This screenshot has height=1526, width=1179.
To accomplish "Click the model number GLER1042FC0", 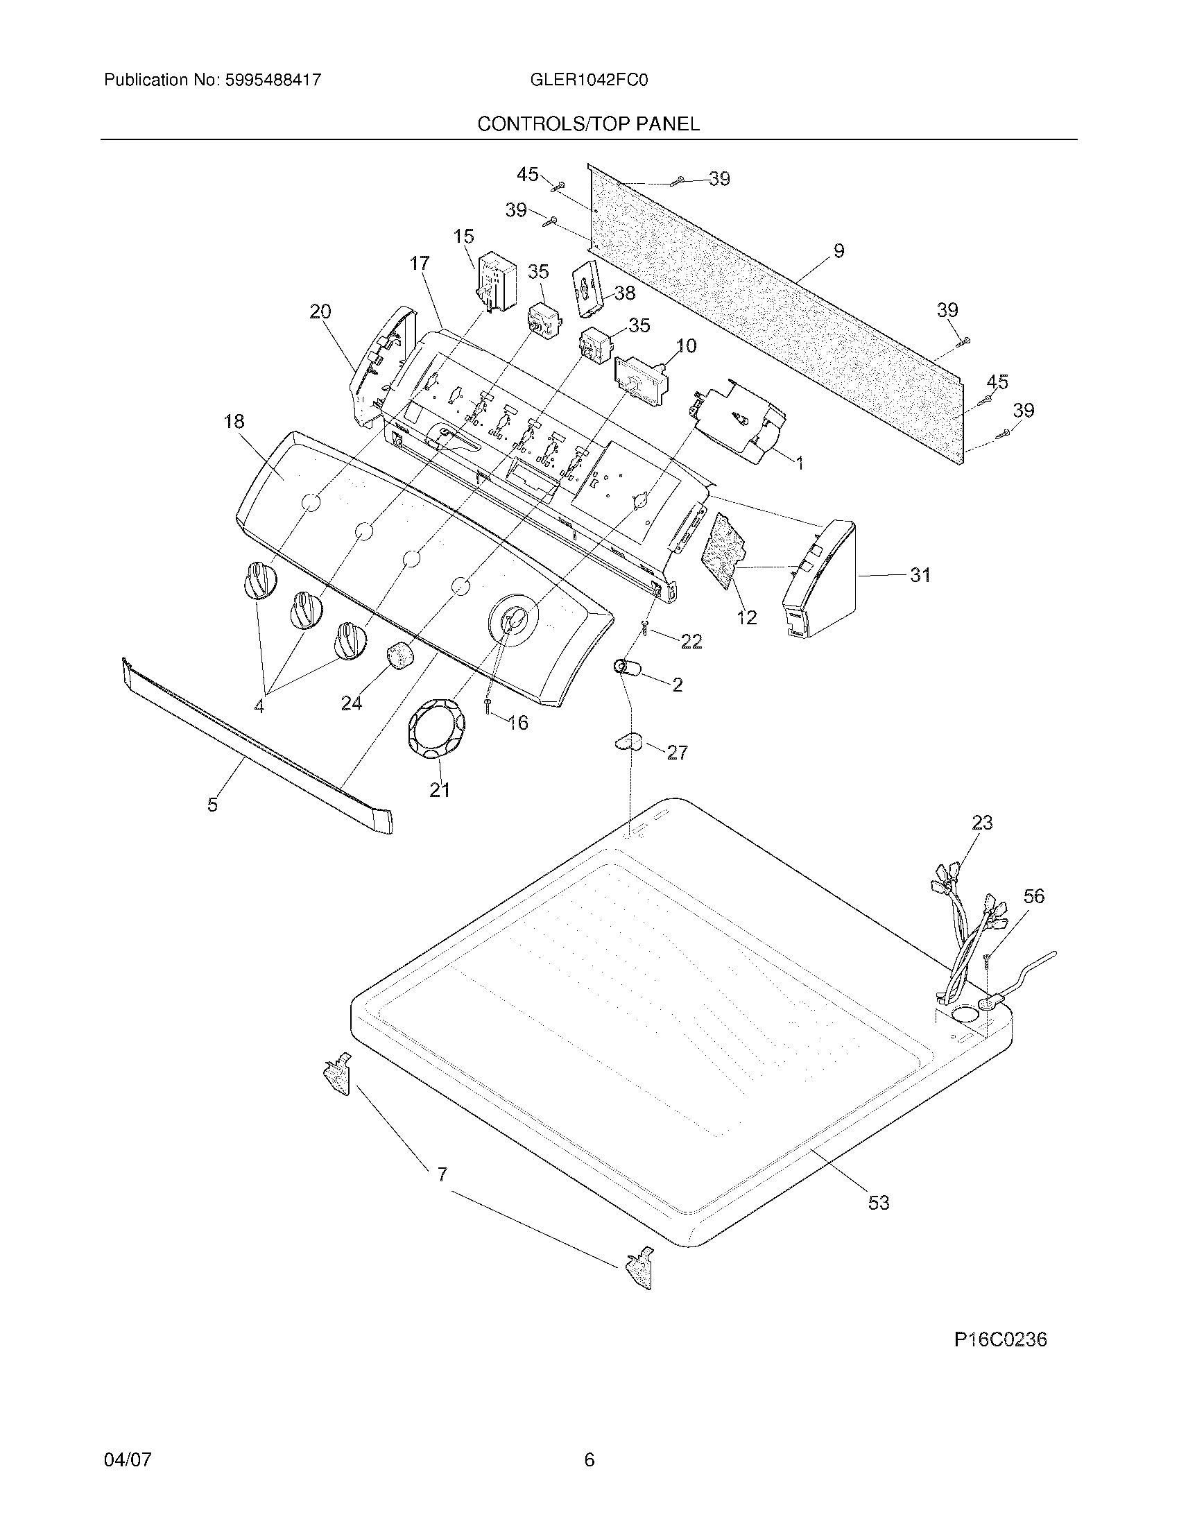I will pyautogui.click(x=589, y=80).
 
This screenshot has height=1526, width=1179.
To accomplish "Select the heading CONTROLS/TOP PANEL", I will pyautogui.click(x=588, y=124).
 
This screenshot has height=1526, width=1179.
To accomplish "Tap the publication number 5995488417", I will pyautogui.click(x=273, y=80).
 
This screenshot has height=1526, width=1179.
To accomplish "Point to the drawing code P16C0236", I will pyautogui.click(x=1000, y=1339).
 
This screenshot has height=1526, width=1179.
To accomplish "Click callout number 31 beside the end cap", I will pyautogui.click(x=920, y=575).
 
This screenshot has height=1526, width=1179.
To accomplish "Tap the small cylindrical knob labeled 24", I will pyautogui.click(x=398, y=656).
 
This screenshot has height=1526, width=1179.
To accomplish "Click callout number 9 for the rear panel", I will pyautogui.click(x=839, y=251).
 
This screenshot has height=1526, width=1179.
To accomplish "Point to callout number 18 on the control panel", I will pyautogui.click(x=234, y=421).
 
